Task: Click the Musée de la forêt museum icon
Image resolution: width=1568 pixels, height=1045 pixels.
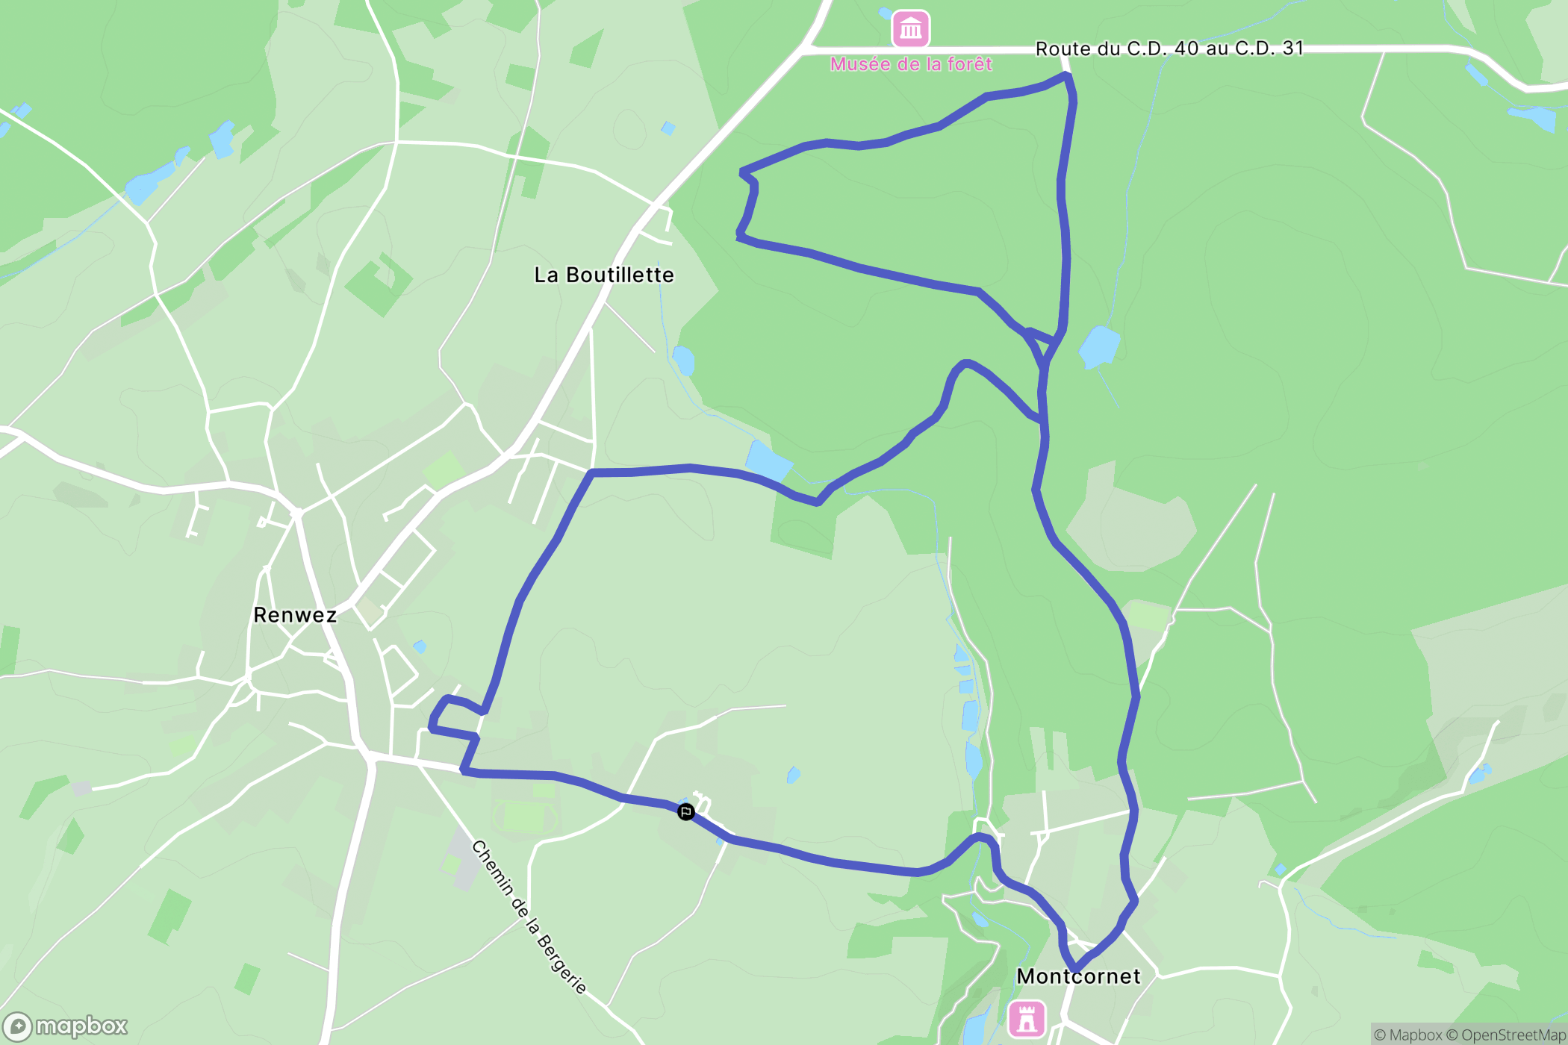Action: (910, 29)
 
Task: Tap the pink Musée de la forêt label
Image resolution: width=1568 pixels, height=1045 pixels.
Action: (911, 64)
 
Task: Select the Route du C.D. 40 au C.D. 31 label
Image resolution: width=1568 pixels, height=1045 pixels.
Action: (1169, 49)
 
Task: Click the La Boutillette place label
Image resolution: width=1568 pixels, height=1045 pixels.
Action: (604, 275)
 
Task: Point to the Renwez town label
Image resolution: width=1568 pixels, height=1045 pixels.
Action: (295, 615)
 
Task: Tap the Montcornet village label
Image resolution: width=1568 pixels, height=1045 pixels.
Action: (1078, 976)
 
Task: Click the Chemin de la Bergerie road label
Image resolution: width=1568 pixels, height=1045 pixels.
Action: (529, 917)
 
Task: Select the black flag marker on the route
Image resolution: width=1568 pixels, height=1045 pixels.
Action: (685, 811)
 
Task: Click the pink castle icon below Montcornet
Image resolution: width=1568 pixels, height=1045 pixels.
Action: (1026, 1019)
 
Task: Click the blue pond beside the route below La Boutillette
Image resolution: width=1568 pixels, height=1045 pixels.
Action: (768, 461)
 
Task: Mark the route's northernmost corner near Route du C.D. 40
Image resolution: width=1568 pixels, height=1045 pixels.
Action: (1067, 75)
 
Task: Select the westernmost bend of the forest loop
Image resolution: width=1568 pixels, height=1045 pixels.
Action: (740, 236)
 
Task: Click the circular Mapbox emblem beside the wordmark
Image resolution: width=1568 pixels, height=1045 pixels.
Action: (17, 1027)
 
